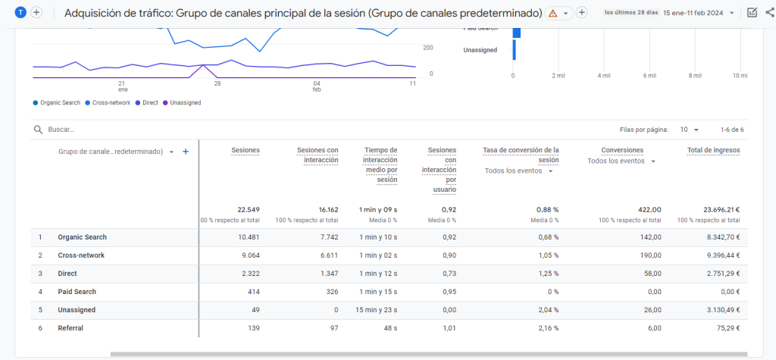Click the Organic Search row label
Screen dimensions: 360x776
click(82, 237)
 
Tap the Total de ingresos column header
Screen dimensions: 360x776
click(713, 150)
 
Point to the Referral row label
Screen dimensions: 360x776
click(70, 328)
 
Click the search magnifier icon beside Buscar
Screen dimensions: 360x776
click(37, 130)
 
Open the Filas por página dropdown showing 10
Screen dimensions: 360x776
click(689, 130)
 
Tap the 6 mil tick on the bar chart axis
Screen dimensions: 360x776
click(649, 76)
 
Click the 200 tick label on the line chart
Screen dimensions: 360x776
click(428, 47)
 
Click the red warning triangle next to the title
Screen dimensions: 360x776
click(552, 14)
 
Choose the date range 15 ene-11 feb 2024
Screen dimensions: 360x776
click(697, 13)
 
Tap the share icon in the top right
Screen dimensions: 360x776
click(768, 13)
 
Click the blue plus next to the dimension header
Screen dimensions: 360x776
click(186, 152)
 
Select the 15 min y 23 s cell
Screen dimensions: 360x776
click(377, 310)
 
